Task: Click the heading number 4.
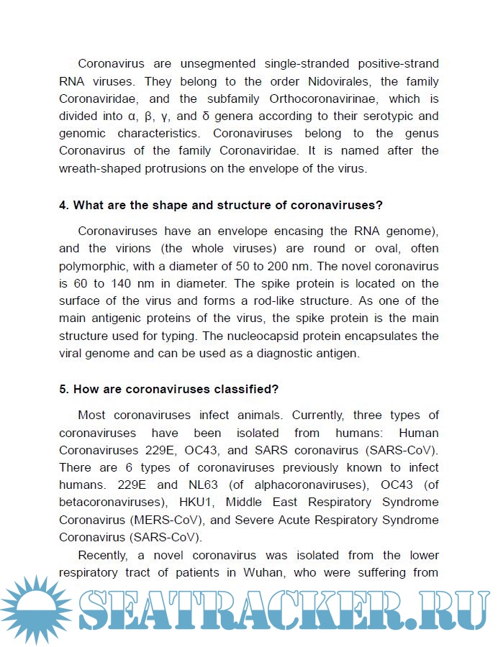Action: (x=63, y=205)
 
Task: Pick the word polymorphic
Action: (x=92, y=266)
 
